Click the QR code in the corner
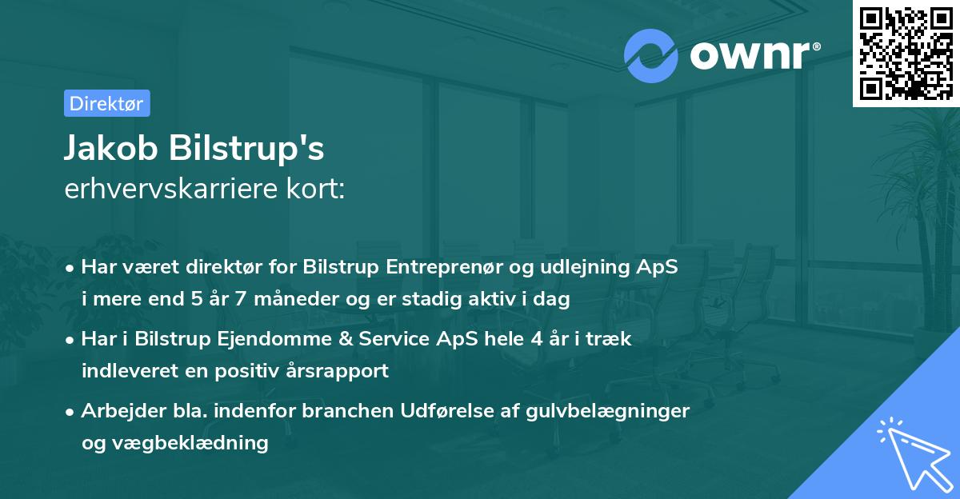click(x=906, y=54)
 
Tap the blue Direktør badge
click(x=106, y=103)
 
